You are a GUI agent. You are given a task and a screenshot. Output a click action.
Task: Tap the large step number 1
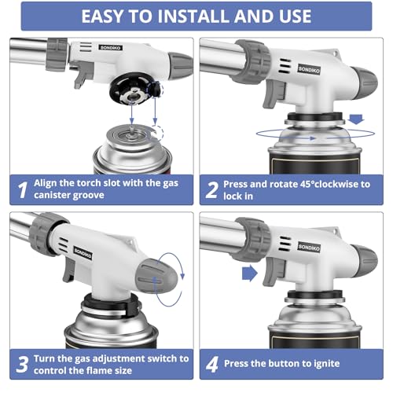click(x=23, y=190)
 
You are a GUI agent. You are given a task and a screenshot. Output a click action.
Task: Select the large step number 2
click(x=212, y=190)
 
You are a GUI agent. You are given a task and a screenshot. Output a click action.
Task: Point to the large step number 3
click(x=22, y=364)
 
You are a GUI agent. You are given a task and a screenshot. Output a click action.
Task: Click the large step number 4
click(x=212, y=364)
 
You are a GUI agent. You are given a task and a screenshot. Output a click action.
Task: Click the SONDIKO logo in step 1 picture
click(x=111, y=48)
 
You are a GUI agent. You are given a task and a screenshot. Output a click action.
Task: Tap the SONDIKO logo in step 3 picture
click(x=83, y=253)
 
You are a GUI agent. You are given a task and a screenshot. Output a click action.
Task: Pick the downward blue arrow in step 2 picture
click(x=356, y=119)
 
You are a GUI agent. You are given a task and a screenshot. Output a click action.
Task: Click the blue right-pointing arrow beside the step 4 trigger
click(x=250, y=274)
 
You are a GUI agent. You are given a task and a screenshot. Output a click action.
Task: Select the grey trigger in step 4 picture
click(x=274, y=271)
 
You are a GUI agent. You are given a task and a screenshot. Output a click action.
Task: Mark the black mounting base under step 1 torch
click(x=135, y=89)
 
